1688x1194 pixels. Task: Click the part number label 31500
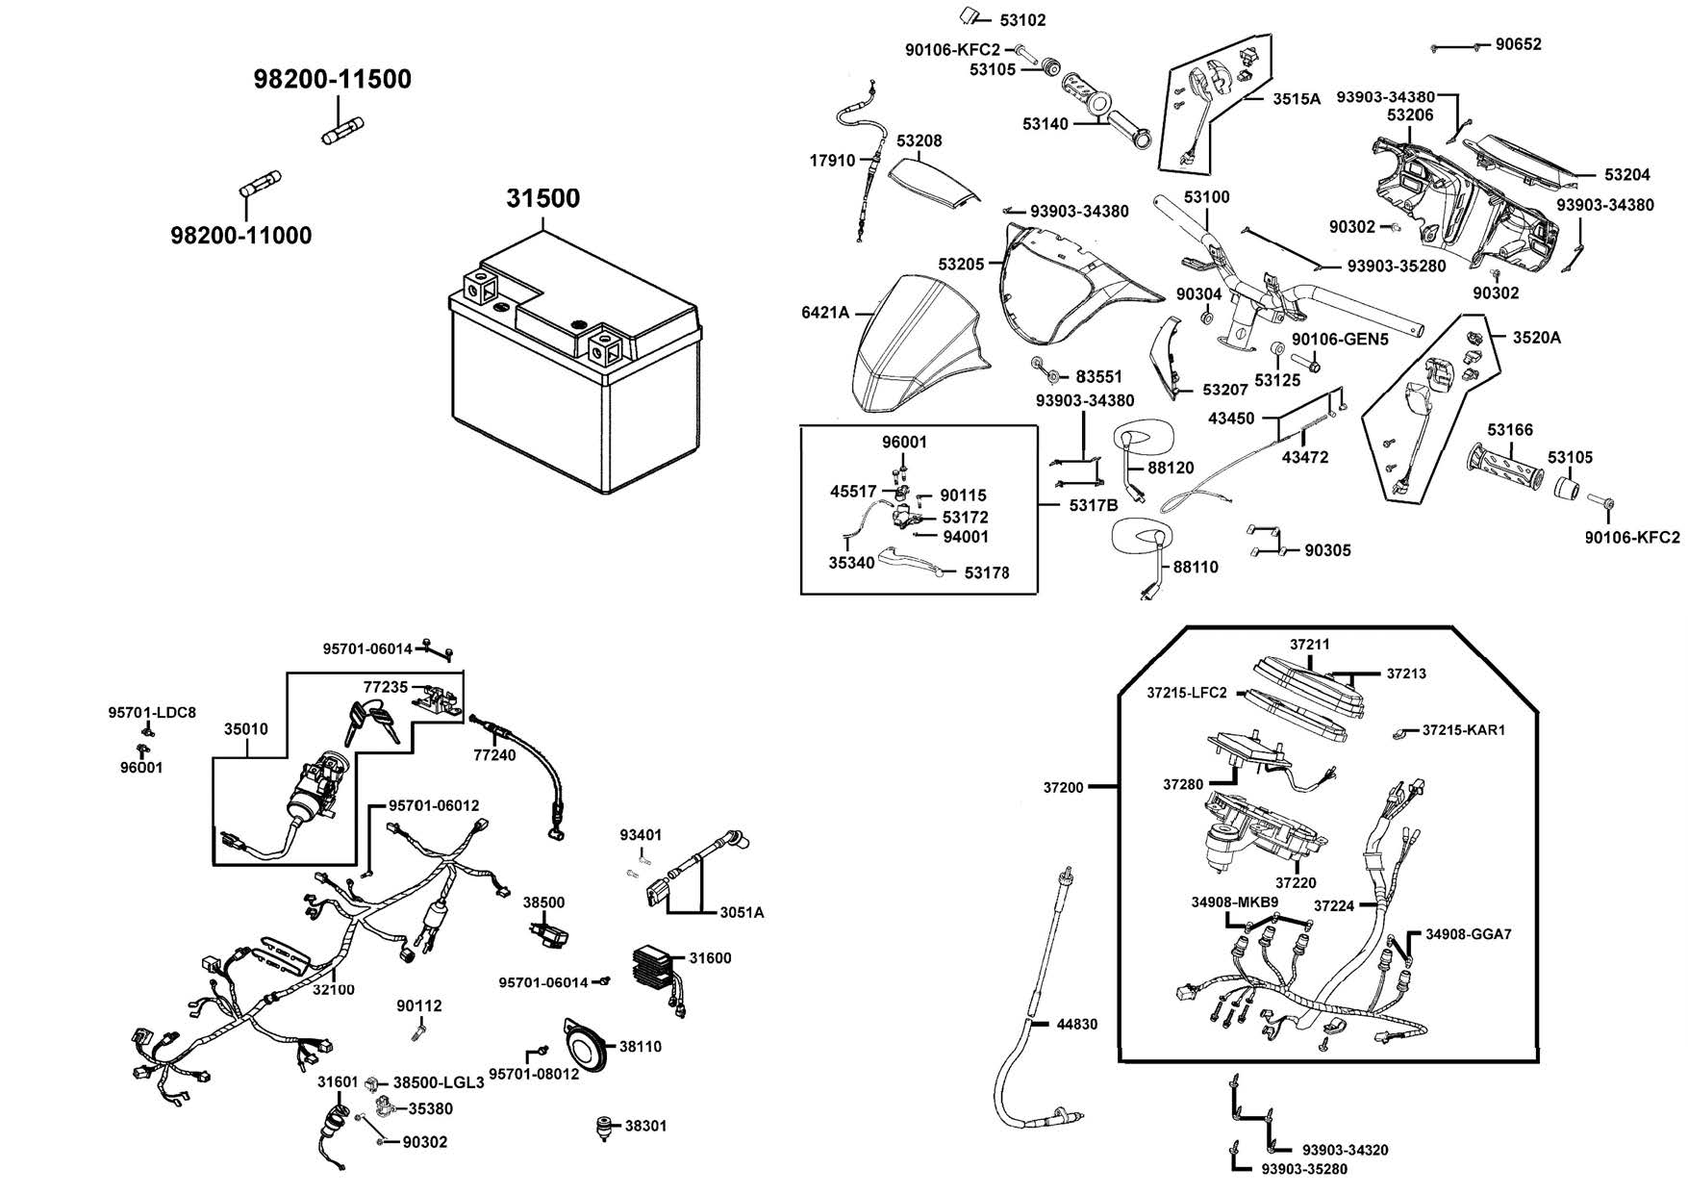(543, 198)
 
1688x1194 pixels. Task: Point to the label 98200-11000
(241, 235)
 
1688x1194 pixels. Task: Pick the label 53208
(920, 140)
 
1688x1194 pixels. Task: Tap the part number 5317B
(1094, 505)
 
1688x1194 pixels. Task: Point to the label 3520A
(1536, 338)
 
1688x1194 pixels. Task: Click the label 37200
(1063, 787)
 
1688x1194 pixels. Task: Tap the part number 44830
(1076, 1025)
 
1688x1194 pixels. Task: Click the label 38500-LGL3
(439, 1082)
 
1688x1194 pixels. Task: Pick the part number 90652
(1518, 44)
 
